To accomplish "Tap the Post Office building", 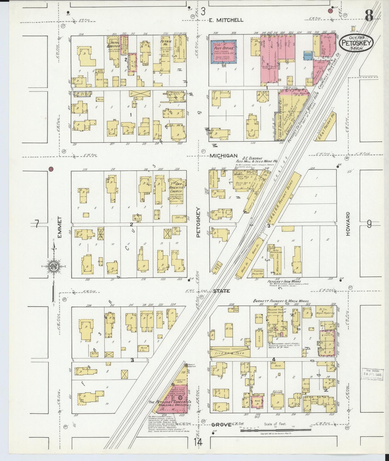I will [x=223, y=51].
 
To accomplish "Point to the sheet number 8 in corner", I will [x=369, y=16].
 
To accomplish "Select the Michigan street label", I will [x=223, y=156].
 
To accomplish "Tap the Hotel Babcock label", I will [x=113, y=46].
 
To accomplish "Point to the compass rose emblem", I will [x=53, y=266].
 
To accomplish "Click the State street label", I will [x=222, y=291].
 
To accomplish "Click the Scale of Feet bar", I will [x=275, y=431].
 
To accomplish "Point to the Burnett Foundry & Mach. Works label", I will [x=281, y=301].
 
